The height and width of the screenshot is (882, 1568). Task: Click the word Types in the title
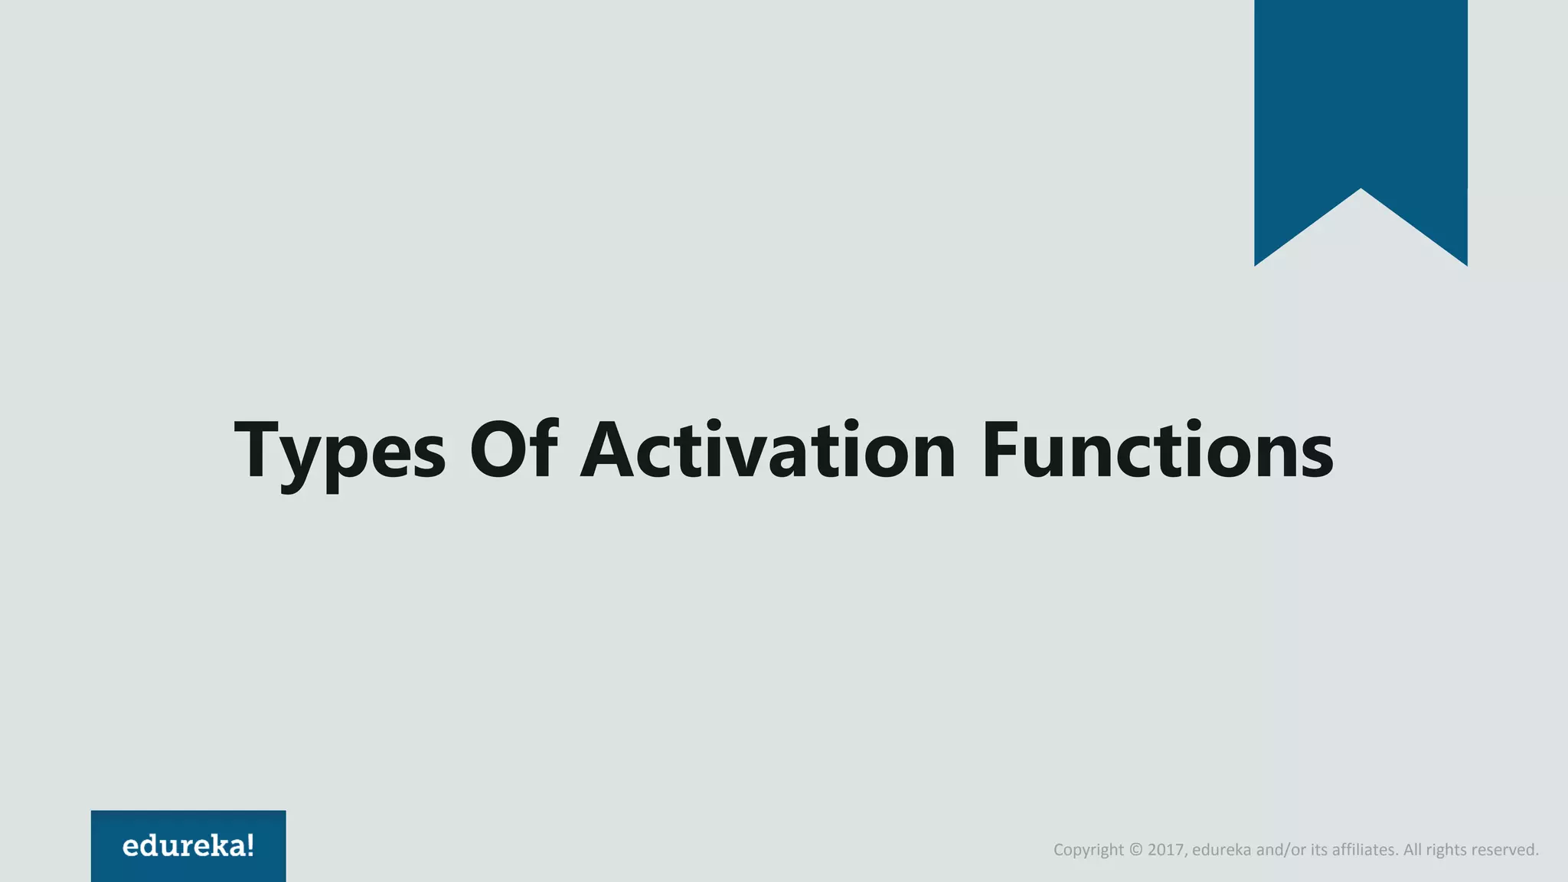[339, 452]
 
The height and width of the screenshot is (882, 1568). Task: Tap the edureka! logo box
[188, 845]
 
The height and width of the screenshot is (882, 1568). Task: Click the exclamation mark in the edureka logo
[250, 845]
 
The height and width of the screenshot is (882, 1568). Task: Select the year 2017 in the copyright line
[1166, 850]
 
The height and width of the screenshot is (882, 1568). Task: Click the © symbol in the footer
[1135, 850]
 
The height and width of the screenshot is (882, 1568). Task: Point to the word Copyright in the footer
[1088, 850]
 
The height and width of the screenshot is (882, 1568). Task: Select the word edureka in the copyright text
[1222, 850]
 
